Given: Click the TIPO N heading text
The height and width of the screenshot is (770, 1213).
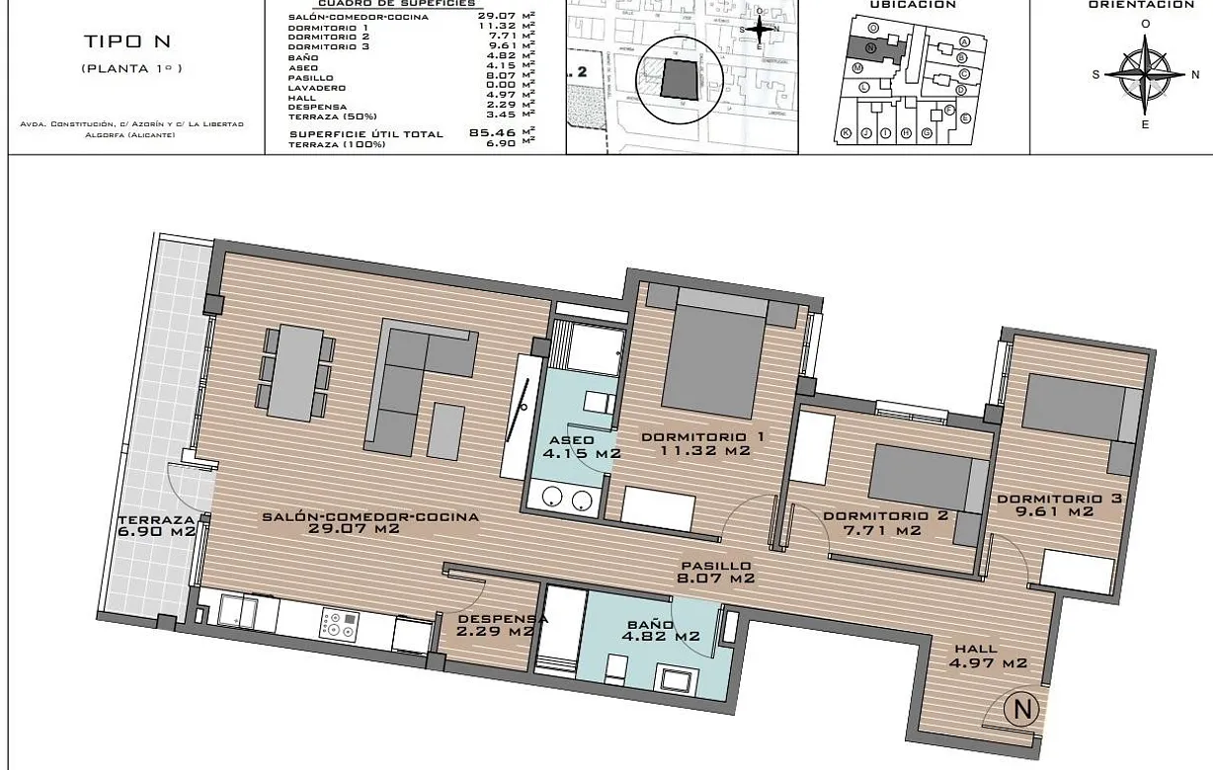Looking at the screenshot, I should pos(130,41).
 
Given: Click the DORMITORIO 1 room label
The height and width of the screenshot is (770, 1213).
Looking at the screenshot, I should pos(703,437).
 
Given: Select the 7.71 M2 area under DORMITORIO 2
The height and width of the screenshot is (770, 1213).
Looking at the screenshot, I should pos(871,530).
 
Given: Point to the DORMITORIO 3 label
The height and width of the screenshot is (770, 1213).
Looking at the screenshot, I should pos(1058,499).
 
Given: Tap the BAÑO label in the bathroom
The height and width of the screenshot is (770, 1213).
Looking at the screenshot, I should pos(650,625).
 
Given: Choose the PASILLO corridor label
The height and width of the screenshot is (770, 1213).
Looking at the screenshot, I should pos(708,566).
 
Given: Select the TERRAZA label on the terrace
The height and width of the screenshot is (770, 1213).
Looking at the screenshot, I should pos(156,519).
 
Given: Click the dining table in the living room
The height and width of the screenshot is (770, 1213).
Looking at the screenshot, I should pos(293,373).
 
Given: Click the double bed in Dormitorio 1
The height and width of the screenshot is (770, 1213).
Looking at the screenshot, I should pos(713,356).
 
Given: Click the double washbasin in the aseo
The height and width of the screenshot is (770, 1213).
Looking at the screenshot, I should pos(563,499).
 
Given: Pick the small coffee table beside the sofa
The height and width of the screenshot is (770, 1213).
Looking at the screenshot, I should pos(445,432).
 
